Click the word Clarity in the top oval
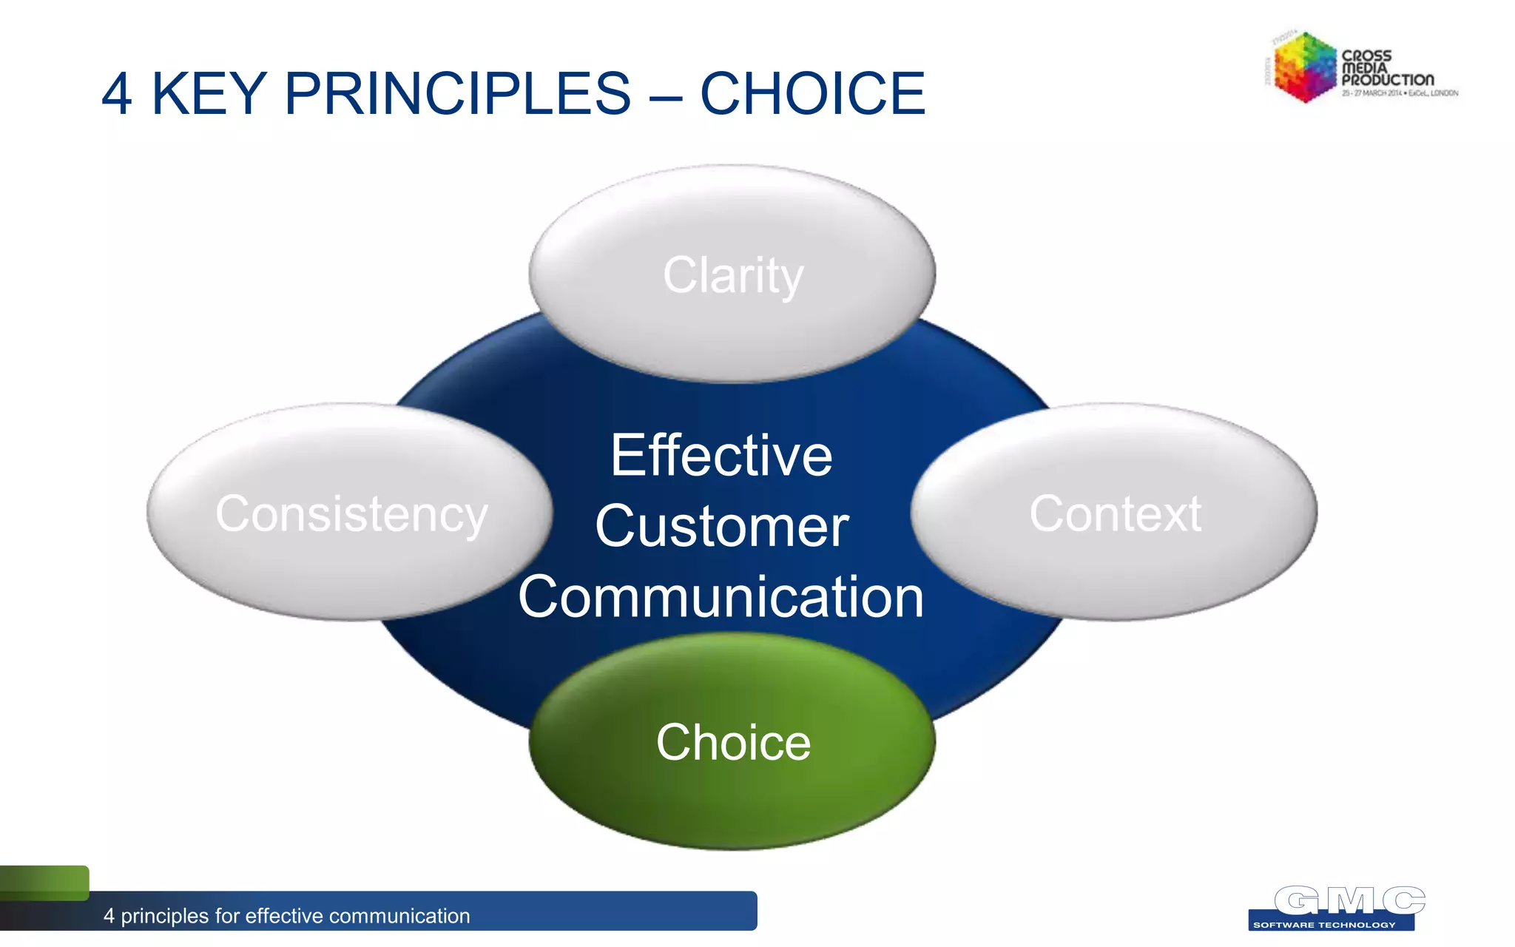coord(732,275)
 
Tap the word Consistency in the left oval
coord(351,513)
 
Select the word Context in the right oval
coord(1115,513)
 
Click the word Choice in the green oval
coord(733,742)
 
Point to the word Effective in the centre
coord(721,455)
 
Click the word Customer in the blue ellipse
coord(721,526)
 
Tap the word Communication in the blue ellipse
coord(721,597)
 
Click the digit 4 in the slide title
coord(117,94)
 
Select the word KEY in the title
coord(209,94)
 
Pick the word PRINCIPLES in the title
coord(457,94)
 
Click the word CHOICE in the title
coord(812,94)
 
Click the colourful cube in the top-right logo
coord(1303,67)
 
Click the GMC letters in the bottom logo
coord(1349,900)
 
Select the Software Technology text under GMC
coord(1324,925)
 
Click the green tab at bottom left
coord(44,882)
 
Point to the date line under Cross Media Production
coord(1400,93)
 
